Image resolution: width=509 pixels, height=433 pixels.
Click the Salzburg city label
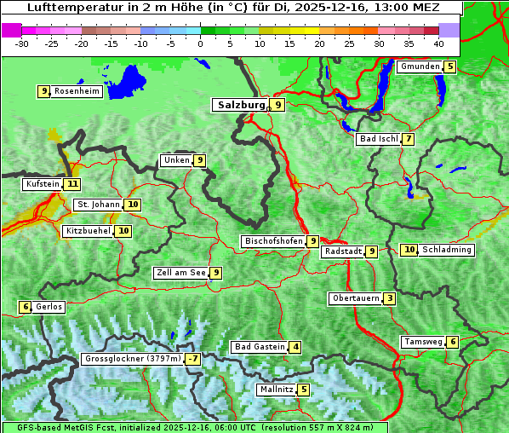click(240, 105)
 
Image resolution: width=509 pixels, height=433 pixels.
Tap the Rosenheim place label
click(77, 91)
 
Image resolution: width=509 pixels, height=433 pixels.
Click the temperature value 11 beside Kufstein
click(72, 184)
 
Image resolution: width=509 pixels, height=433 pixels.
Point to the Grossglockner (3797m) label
click(133, 359)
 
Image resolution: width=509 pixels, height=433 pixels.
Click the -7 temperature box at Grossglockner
click(194, 359)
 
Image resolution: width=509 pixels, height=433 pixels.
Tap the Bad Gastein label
click(260, 347)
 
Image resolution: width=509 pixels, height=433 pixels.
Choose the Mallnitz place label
click(276, 390)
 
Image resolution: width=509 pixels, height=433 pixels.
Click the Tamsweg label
click(423, 342)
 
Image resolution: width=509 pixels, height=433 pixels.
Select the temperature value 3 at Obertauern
click(389, 298)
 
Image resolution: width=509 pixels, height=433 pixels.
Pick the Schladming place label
click(447, 250)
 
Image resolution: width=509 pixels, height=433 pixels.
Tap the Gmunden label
click(420, 66)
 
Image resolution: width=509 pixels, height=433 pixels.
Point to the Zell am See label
click(180, 273)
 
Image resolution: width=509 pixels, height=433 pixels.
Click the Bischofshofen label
click(273, 241)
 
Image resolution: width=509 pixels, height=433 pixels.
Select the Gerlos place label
click(49, 307)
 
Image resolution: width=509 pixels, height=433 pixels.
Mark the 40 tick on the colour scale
click(438, 43)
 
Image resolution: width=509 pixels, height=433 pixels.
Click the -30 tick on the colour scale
click(21, 43)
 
